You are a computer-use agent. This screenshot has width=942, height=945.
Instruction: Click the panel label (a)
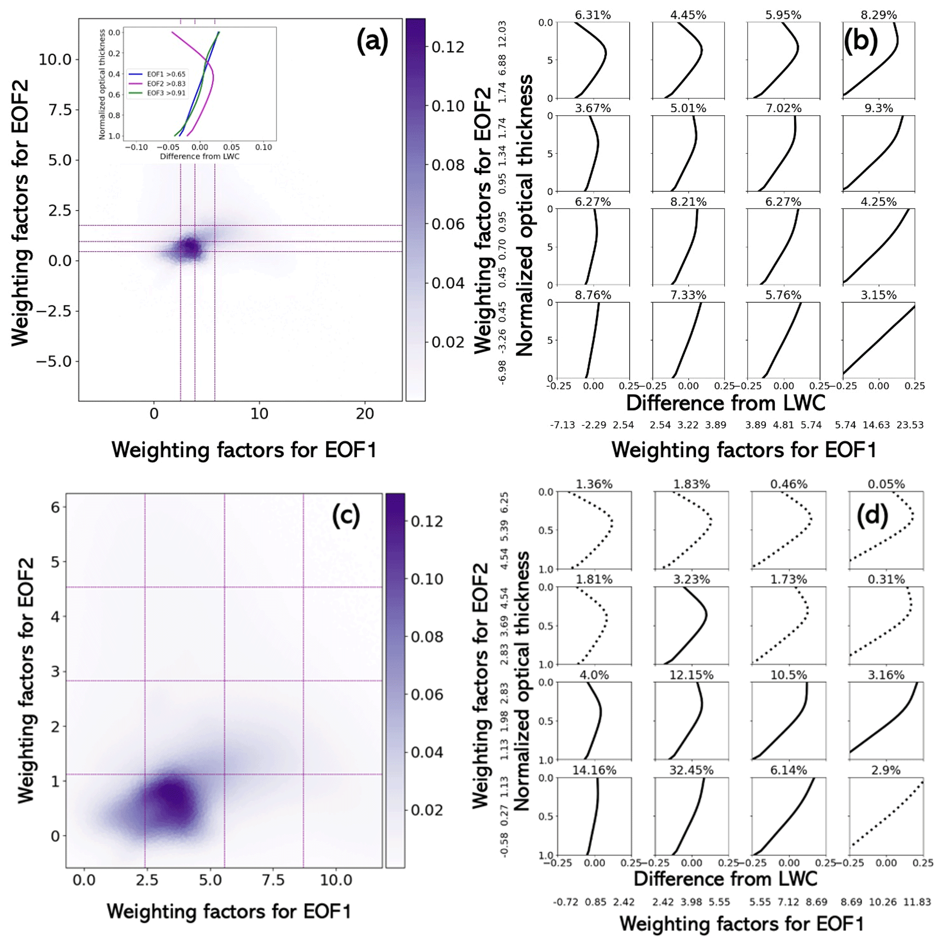pos(372,41)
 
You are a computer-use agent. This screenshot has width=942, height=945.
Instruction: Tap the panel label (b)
pos(860,41)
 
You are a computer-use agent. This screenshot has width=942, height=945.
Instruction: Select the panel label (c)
pos(346,516)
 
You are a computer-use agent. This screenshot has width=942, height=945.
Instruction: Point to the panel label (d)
pos(873,515)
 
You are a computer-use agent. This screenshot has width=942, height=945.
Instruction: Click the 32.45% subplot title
pos(691,770)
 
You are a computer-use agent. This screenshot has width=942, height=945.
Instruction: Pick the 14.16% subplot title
pos(594,770)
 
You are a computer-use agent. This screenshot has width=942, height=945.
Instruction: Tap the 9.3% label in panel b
pos(878,108)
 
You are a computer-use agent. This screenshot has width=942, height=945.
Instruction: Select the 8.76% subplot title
pos(593,295)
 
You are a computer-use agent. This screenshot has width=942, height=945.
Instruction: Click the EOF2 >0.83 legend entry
pos(166,83)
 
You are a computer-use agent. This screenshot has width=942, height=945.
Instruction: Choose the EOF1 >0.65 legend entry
pos(166,74)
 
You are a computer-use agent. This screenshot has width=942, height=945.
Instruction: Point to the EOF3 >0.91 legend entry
pos(166,93)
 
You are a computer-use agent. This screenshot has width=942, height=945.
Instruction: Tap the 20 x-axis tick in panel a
pos(365,414)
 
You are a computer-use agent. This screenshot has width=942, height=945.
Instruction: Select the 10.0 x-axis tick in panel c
pos(336,880)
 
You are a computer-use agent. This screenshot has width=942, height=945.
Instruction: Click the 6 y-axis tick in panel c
pos(55,507)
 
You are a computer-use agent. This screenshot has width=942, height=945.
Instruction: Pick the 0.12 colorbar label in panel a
pos(448,47)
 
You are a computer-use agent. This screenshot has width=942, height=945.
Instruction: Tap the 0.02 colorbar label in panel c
pos(427,810)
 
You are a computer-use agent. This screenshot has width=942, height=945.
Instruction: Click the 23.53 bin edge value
pos(910,425)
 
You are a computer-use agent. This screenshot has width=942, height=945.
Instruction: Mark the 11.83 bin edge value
pos(917,902)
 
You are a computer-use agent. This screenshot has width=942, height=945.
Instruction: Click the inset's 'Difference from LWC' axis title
pos(200,156)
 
